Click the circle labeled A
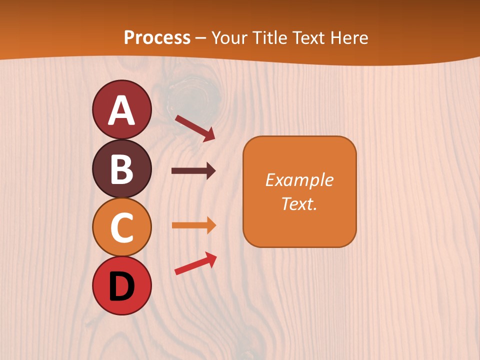pos(121,109)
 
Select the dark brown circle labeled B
pos(121,168)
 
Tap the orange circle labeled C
pos(121,227)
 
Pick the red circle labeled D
pos(121,285)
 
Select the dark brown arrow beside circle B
pos(193,171)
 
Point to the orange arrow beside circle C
pos(193,225)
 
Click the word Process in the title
pos(157,37)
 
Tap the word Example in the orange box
pos(299,180)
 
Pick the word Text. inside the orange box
pos(299,203)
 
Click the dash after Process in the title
pos(201,38)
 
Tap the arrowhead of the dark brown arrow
pos(211,171)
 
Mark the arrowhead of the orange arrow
pos(211,225)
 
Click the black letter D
pos(121,286)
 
